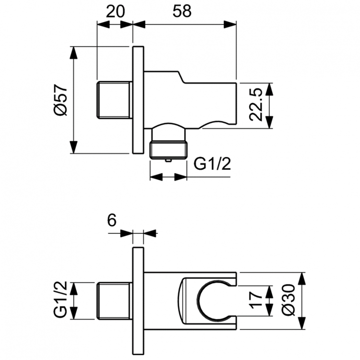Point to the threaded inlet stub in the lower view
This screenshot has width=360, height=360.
click(x=114, y=301)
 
